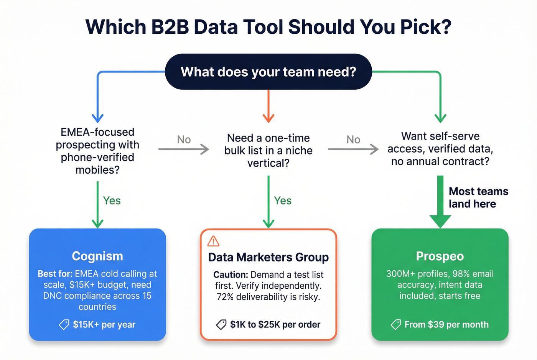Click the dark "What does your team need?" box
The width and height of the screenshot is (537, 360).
(x=268, y=72)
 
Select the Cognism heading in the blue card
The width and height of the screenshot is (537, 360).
(x=97, y=256)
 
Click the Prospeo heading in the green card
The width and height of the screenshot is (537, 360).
(x=440, y=256)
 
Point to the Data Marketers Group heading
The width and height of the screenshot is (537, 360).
(x=268, y=257)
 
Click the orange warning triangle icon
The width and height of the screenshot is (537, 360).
(x=213, y=241)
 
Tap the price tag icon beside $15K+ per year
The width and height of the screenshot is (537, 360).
(x=64, y=325)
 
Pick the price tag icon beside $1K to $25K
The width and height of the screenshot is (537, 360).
(x=221, y=325)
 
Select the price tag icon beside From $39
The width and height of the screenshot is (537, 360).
(x=396, y=325)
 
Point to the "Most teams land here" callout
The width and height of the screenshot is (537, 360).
(x=478, y=197)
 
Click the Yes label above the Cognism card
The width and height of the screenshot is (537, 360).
(x=112, y=201)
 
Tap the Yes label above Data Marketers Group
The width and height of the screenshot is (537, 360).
(x=283, y=201)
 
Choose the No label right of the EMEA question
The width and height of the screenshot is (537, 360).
(x=184, y=140)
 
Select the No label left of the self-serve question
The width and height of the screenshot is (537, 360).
(x=353, y=140)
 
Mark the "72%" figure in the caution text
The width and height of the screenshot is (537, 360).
(x=226, y=297)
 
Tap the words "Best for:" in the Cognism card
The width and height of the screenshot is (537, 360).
(x=55, y=274)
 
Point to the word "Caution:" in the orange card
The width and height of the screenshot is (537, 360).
(x=231, y=275)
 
